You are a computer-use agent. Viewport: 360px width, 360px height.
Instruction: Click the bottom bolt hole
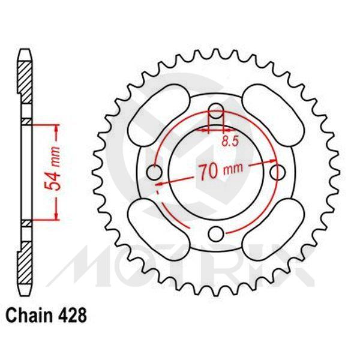(216, 233)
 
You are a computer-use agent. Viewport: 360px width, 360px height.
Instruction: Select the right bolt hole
(277, 172)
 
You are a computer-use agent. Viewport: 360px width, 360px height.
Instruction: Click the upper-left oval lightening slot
(157, 110)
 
